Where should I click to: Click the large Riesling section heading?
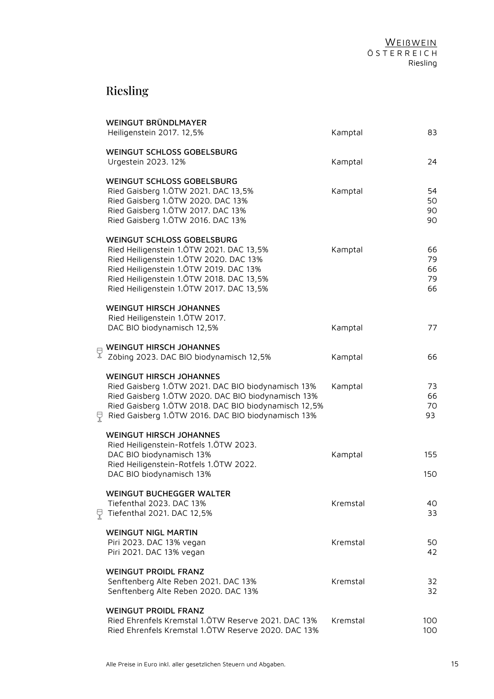tap(127, 91)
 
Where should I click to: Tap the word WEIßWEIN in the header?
tap(411, 42)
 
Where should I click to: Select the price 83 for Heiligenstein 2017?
tap(432, 133)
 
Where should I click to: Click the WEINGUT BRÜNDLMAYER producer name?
tap(156, 123)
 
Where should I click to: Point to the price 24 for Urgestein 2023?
tap(432, 162)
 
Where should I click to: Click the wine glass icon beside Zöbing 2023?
tap(99, 353)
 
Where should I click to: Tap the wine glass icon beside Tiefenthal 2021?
tap(99, 514)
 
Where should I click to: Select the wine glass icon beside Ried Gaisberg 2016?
tap(99, 417)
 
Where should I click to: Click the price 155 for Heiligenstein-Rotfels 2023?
tap(430, 455)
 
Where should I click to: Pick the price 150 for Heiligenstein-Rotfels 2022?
tap(430, 474)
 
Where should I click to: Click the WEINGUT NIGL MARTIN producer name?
tap(152, 533)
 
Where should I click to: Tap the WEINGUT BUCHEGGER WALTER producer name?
tap(168, 494)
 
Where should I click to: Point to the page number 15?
tap(455, 664)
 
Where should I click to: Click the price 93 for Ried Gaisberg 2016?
tap(430, 416)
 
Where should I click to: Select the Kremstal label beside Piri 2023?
tap(348, 542)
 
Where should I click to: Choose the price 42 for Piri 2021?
tap(432, 552)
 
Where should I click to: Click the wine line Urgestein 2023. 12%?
tap(147, 162)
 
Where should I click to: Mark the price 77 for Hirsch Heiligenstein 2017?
tap(432, 328)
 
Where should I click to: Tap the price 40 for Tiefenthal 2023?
tap(432, 504)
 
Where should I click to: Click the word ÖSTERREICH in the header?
tap(402, 54)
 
